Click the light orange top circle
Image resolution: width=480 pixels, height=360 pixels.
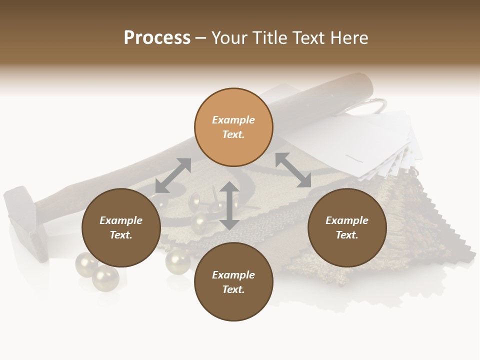click(233, 127)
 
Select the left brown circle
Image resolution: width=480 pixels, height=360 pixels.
click(121, 227)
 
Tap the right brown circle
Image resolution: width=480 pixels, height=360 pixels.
click(347, 227)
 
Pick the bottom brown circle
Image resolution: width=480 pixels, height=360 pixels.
click(233, 282)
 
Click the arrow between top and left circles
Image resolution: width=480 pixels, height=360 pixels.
click(173, 175)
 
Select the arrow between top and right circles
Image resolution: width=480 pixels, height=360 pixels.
click(293, 170)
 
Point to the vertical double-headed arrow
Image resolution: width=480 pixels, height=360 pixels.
click(229, 205)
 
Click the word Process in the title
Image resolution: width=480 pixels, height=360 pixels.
click(157, 38)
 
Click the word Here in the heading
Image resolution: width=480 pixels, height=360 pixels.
click(348, 38)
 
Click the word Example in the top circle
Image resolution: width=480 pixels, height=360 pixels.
click(233, 120)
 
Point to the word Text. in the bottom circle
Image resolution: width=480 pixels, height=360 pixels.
click(233, 289)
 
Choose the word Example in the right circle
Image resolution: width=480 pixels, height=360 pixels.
click(347, 220)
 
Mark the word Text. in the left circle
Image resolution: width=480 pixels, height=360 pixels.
click(121, 235)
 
